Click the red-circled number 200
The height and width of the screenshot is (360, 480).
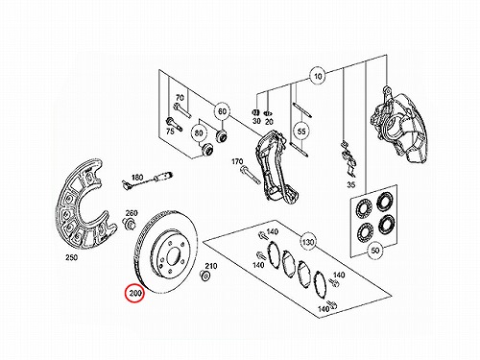click(x=135, y=293)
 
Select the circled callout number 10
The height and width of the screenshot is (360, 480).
click(x=318, y=76)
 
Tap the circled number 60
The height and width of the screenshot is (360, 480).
click(x=222, y=111)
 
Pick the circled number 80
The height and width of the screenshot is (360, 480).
click(x=199, y=132)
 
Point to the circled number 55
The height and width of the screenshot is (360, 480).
click(x=301, y=132)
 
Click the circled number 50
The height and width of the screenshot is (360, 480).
click(x=375, y=250)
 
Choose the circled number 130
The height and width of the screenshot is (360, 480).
click(x=308, y=242)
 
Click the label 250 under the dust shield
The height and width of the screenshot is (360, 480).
click(x=71, y=257)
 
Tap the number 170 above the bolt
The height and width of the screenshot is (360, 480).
click(x=237, y=162)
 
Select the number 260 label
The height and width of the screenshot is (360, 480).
click(x=132, y=213)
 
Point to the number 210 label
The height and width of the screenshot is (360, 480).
click(x=211, y=266)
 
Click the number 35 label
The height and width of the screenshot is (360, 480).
click(x=351, y=185)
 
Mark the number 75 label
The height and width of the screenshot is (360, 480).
click(x=170, y=131)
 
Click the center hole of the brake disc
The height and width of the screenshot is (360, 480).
click(x=173, y=255)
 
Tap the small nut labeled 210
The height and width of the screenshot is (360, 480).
click(x=204, y=276)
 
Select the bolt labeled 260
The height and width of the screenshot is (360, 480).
click(x=129, y=223)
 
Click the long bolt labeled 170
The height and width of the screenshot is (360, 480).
click(x=251, y=175)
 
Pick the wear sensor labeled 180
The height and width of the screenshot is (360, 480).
click(x=147, y=180)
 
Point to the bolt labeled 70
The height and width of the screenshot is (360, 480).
click(x=181, y=110)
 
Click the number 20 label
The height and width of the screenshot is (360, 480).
click(x=269, y=122)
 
